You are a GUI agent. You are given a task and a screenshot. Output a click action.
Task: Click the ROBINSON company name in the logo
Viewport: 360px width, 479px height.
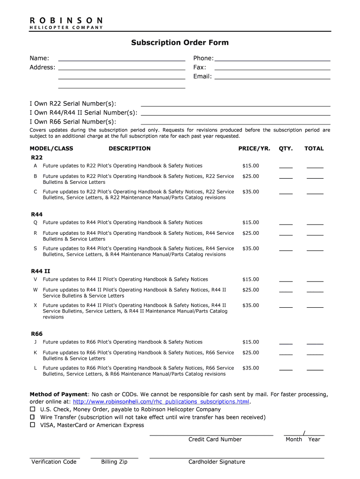point(66,21)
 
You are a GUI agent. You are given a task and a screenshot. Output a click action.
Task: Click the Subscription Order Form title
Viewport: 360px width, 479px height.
point(180,43)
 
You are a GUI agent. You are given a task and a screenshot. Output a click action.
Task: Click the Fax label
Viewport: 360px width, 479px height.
point(200,67)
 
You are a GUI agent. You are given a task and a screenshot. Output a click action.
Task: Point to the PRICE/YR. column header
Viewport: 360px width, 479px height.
point(254,149)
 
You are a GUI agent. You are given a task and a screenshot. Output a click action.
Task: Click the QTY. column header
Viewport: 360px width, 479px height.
point(286,149)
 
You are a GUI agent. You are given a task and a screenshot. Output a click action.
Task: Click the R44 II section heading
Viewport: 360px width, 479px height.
point(41,271)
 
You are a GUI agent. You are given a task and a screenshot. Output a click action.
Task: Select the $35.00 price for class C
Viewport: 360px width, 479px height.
point(250,192)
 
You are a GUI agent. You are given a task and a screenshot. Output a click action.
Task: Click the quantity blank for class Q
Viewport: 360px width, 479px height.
point(286,224)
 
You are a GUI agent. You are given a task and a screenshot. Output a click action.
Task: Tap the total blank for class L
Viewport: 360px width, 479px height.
point(315,370)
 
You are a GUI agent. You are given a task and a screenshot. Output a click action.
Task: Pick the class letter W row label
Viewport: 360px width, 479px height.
point(35,290)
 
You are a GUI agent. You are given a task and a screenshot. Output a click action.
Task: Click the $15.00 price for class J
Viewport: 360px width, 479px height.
point(250,342)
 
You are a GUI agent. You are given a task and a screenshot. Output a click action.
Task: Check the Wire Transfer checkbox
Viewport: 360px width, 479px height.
point(33,417)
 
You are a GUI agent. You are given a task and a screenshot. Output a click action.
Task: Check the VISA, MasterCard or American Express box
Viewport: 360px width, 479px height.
point(33,425)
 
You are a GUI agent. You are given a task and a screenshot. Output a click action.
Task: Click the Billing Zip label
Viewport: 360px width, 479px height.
point(114,462)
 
